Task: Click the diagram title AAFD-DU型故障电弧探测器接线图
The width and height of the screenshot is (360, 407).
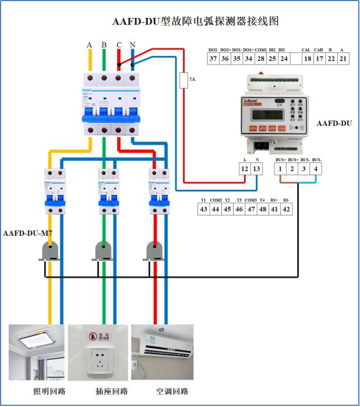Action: pos(196,22)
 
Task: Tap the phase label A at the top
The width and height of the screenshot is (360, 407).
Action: pos(89,45)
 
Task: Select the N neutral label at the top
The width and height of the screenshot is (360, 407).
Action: pos(133,45)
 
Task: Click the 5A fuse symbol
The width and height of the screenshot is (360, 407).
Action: pos(184,80)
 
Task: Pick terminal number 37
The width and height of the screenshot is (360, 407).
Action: pos(213,58)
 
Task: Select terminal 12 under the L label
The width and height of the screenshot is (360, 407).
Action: pos(245,169)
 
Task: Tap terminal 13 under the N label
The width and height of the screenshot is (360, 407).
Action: pos(257,169)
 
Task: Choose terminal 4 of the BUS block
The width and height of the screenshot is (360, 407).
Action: pos(316,169)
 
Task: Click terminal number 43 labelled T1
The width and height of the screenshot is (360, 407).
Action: pos(204,210)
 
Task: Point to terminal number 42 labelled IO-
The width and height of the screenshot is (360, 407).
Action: pos(285,210)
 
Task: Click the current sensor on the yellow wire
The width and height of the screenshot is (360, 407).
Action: pos(50,251)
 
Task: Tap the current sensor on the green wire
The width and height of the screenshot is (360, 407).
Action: pos(104,251)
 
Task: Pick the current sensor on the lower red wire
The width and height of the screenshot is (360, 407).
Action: pos(154,251)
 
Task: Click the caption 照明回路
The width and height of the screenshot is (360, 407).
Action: pos(49,391)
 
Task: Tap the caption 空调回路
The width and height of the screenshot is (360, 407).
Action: pos(172,391)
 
